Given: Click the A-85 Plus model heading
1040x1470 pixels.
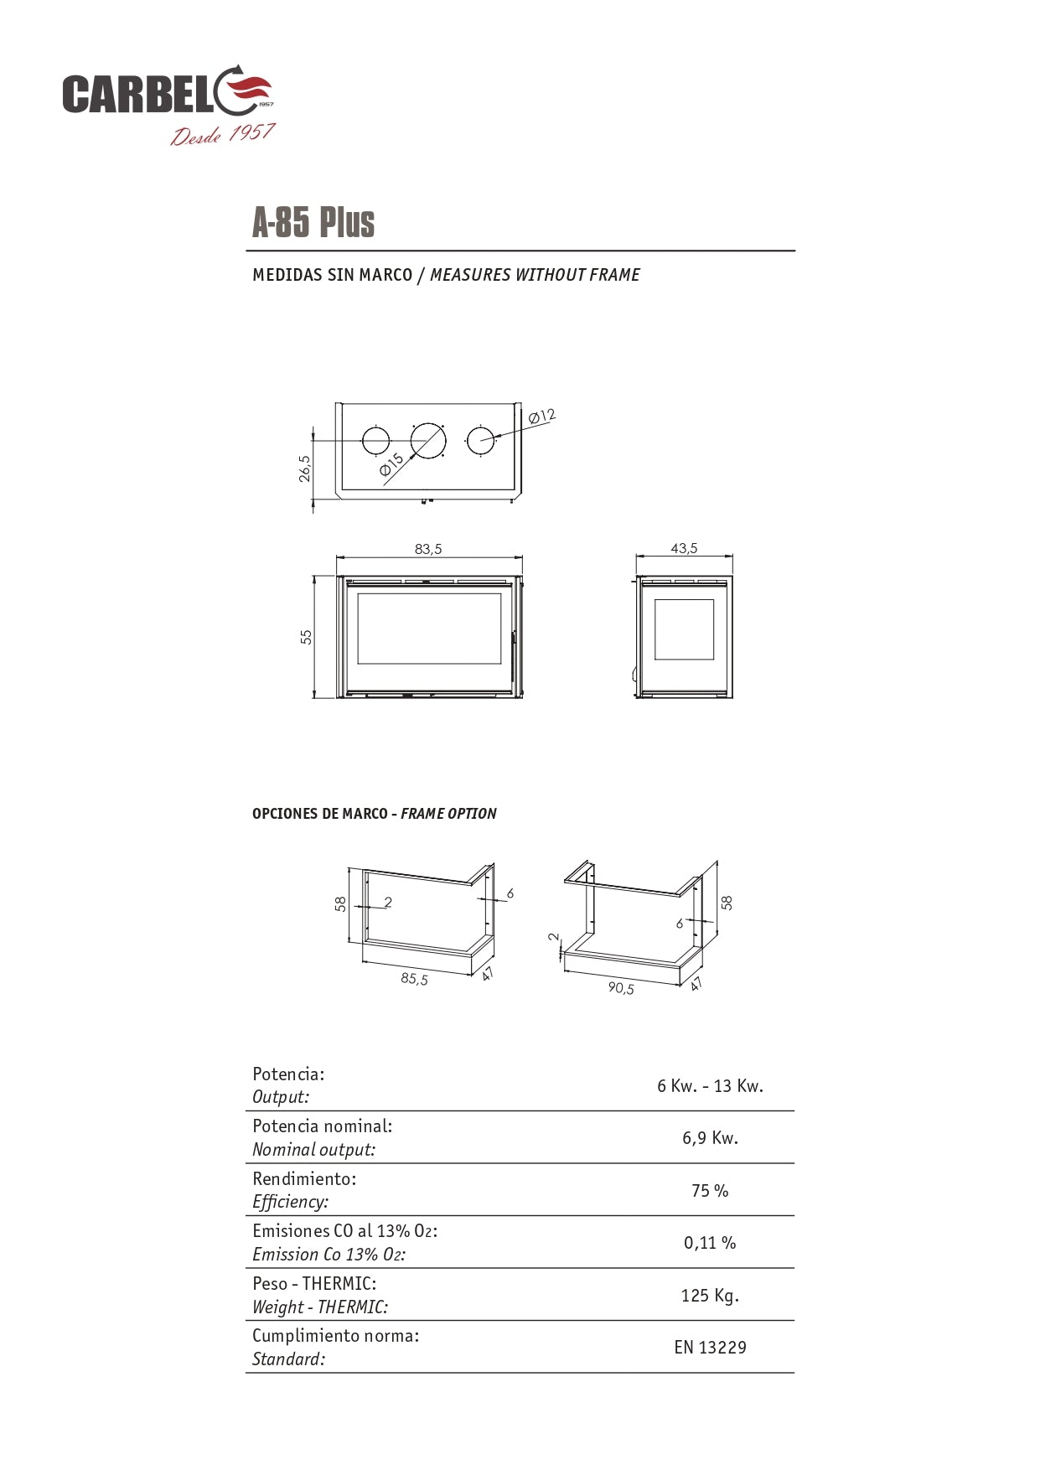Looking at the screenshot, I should [313, 223].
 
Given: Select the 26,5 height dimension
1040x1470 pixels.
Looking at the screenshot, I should [305, 468].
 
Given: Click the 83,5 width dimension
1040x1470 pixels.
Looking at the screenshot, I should [427, 550].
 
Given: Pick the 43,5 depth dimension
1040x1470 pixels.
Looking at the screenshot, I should [684, 549].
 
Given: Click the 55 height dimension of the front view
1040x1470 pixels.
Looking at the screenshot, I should [307, 637].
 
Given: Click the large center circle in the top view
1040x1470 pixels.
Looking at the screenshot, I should [428, 441].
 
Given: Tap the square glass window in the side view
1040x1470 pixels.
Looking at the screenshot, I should [684, 629].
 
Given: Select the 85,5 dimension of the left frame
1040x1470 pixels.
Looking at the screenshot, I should [414, 978].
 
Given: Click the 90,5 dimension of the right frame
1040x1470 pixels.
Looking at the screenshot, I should [621, 988].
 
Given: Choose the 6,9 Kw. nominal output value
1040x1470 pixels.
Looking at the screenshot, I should [710, 1138].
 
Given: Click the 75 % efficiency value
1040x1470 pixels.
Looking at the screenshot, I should [710, 1191].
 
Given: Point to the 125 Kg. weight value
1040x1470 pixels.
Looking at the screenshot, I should [710, 1296].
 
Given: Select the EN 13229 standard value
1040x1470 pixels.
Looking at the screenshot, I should [710, 1348].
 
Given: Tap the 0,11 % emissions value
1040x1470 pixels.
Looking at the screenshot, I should [710, 1243].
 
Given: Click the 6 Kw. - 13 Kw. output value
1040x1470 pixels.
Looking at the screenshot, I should [710, 1086].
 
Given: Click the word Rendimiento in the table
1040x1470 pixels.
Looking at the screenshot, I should [303, 1178].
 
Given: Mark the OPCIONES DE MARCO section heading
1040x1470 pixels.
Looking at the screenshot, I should [319, 814].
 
